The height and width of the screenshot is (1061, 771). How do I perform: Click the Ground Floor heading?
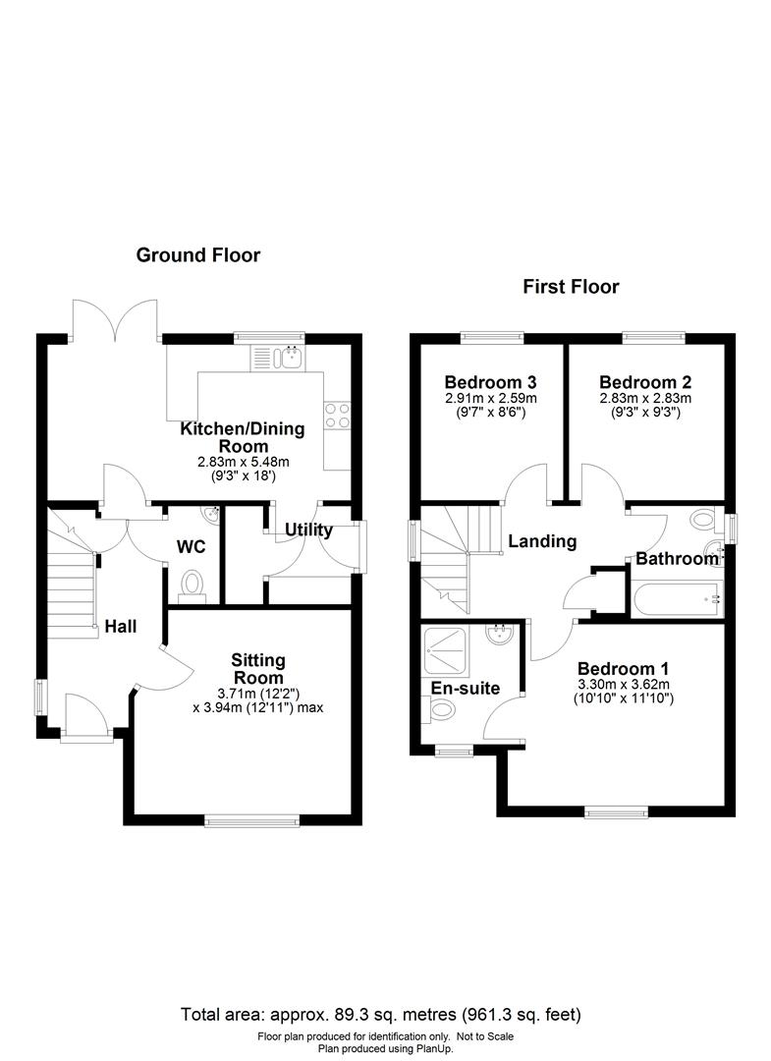[x=197, y=255]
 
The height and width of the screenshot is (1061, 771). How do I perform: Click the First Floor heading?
[x=571, y=287]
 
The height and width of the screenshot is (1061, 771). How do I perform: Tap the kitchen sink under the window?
[x=290, y=358]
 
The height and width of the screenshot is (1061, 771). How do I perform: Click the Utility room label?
[x=308, y=530]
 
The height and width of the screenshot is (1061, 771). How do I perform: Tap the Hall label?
[x=122, y=627]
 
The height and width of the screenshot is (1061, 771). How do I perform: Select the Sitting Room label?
[x=257, y=669]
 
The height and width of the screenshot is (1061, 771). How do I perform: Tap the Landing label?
[x=542, y=541]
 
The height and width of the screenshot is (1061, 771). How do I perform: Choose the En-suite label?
[x=466, y=689]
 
